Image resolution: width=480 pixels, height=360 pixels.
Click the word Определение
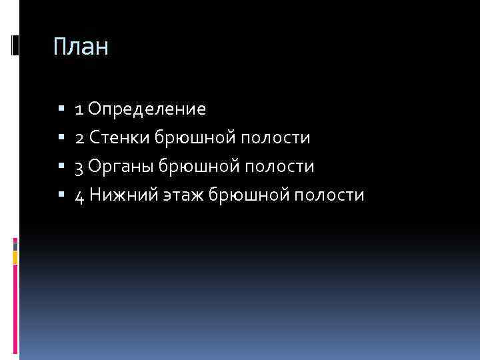click(x=147, y=109)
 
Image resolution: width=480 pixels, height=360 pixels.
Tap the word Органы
click(x=121, y=167)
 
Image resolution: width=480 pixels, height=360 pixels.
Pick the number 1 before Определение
click(x=79, y=109)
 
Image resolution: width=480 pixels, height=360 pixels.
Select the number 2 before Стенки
click(x=79, y=137)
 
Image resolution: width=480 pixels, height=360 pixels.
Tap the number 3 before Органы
click(x=79, y=167)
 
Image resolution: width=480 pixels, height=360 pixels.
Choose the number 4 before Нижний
click(x=79, y=195)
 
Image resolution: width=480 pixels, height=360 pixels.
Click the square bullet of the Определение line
click(x=61, y=109)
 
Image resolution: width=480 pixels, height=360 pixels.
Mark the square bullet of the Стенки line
click(x=61, y=137)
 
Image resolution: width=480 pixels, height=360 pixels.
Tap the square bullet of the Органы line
click(x=61, y=166)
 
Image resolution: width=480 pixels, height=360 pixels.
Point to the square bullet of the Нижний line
click(x=61, y=195)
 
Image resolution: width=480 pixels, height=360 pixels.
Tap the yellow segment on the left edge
click(x=15, y=257)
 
